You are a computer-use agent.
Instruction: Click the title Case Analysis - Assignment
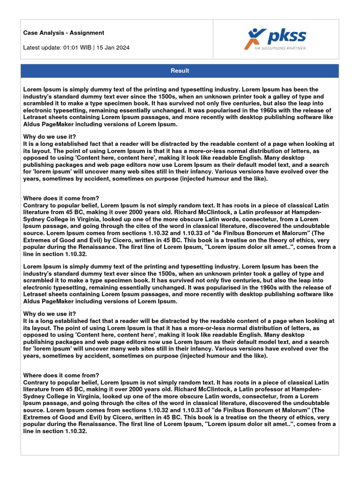point(64,33)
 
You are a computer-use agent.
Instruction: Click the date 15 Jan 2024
point(114,47)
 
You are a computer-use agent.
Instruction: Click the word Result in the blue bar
point(180,71)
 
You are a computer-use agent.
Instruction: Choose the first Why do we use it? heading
point(49,136)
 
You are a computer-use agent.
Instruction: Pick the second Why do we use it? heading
point(49,314)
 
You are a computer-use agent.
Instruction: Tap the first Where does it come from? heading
point(61,198)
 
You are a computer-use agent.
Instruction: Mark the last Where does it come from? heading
point(61,375)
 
